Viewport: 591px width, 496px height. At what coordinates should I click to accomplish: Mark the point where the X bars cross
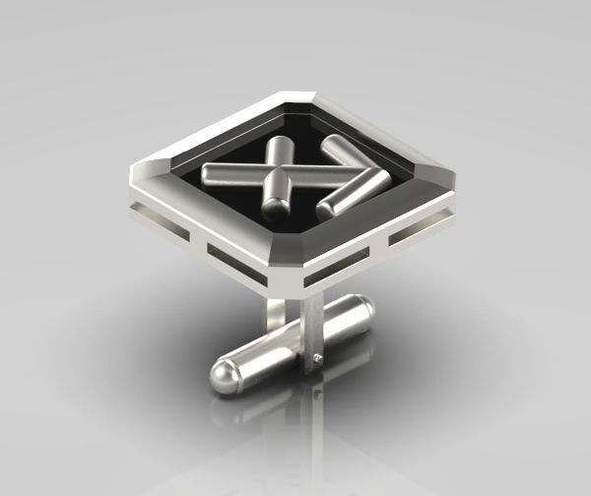point(273,178)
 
